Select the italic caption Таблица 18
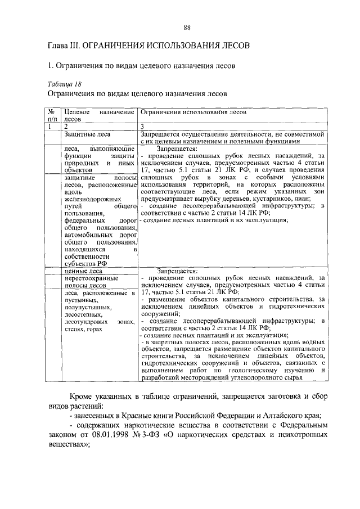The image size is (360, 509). pos(65,83)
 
